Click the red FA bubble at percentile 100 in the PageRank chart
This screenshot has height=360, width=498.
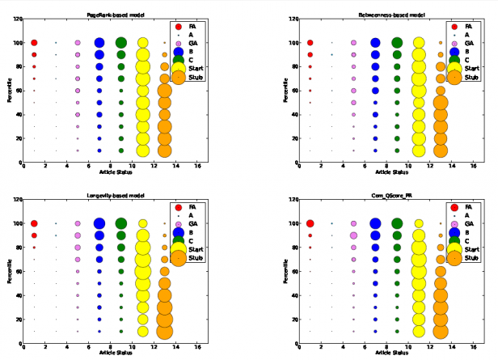tap(34, 43)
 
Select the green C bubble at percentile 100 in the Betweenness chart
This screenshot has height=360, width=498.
tap(397, 43)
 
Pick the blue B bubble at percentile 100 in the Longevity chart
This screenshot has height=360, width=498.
tap(99, 224)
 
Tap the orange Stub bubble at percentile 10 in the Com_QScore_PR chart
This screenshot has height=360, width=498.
tap(441, 331)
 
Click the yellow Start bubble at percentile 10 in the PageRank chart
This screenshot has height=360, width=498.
tap(143, 150)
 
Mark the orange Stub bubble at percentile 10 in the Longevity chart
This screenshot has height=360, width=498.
tap(165, 331)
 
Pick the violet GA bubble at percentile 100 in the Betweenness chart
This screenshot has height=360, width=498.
tap(353, 43)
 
